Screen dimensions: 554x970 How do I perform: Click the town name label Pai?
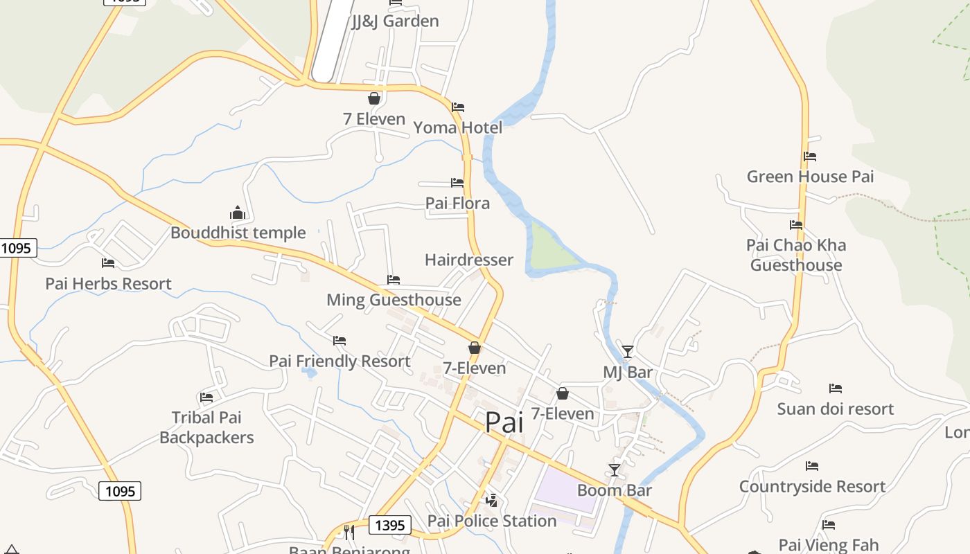pos(504,422)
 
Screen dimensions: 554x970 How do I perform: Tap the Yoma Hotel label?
pos(457,127)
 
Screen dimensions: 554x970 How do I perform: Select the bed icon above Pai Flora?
pos(457,183)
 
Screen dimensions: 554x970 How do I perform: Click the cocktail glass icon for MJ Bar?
pos(627,352)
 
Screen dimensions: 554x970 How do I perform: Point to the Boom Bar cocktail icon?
pos(614,470)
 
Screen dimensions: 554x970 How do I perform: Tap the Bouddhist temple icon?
pos(238,213)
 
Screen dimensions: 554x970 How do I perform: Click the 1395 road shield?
pos(389,526)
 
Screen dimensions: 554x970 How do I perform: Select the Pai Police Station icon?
pos(491,500)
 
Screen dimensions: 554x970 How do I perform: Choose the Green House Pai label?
pos(810,177)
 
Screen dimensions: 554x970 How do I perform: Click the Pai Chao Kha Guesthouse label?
pos(796,255)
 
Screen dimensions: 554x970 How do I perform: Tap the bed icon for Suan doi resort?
pos(836,388)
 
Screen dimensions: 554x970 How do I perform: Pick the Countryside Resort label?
pos(812,487)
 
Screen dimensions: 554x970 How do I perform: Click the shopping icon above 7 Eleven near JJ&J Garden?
pos(374,98)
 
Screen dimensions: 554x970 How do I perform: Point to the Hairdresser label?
pos(469,260)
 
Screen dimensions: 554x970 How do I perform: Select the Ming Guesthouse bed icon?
pos(394,280)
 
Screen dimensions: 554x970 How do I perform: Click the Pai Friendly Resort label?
pos(339,361)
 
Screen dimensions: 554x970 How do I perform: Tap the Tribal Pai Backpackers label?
pos(206,427)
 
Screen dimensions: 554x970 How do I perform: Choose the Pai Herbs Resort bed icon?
pos(108,263)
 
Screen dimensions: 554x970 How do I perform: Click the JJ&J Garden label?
pos(395,21)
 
